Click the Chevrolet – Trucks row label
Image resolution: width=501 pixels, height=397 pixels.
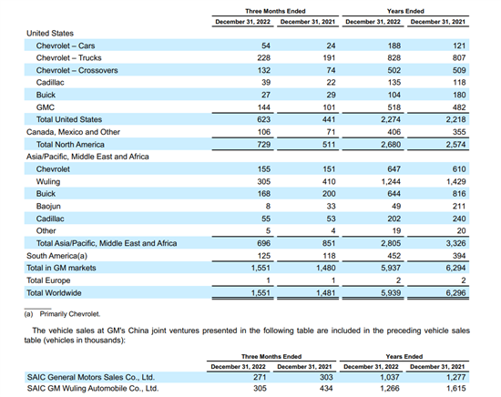click(x=68, y=57)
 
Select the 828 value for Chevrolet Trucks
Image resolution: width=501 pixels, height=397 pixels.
click(x=394, y=57)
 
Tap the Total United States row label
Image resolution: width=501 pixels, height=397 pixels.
click(x=69, y=119)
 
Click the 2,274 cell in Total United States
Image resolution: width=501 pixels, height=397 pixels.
click(x=391, y=119)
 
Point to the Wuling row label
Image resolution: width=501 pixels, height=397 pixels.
click(x=48, y=181)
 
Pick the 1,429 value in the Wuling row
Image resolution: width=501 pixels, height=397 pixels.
click(x=456, y=181)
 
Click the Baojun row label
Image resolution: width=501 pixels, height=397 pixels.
click(x=48, y=207)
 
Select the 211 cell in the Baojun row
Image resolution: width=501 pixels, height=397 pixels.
click(x=459, y=206)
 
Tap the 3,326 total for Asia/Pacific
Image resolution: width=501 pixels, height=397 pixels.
click(x=456, y=243)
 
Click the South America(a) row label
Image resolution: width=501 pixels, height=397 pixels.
click(x=56, y=256)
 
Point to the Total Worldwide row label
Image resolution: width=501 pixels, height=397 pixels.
click(x=54, y=293)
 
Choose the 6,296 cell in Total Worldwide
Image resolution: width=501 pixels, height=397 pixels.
click(x=456, y=292)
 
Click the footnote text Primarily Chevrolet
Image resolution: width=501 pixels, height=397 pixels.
click(x=70, y=314)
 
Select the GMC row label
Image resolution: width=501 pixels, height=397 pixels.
click(x=46, y=107)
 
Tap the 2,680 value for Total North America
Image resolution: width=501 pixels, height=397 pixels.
click(x=391, y=145)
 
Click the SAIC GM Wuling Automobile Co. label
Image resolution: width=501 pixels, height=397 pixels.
click(x=93, y=389)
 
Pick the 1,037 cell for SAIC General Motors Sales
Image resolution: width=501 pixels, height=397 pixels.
click(x=390, y=377)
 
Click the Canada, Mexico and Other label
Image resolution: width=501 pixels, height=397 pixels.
click(x=73, y=132)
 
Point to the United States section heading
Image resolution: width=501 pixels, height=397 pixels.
click(x=50, y=33)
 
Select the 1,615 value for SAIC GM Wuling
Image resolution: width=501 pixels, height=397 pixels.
click(x=456, y=389)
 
